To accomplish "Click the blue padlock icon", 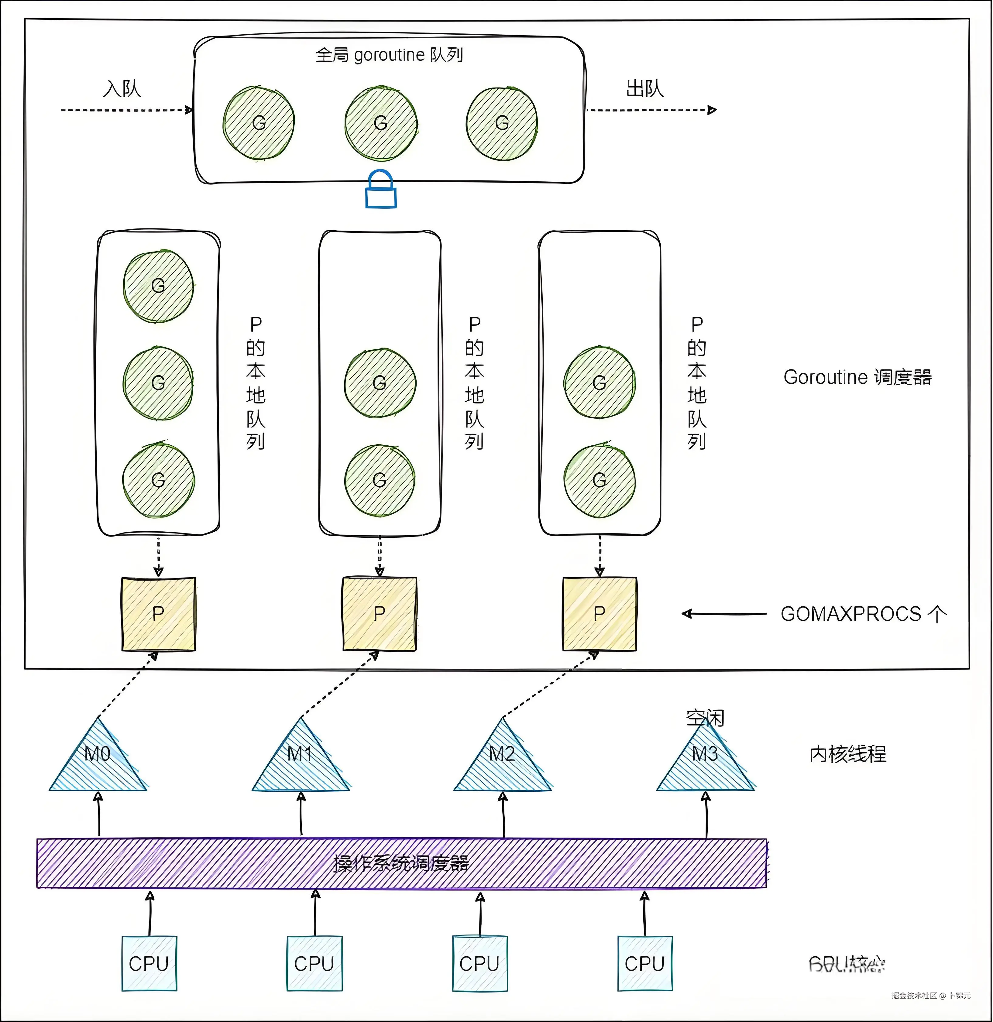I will [381, 190].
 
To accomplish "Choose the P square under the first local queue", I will [159, 614].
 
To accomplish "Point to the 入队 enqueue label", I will [122, 89].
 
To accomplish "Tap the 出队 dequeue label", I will [645, 89].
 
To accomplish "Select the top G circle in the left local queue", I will [159, 286].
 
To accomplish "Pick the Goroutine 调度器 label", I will [857, 377].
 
